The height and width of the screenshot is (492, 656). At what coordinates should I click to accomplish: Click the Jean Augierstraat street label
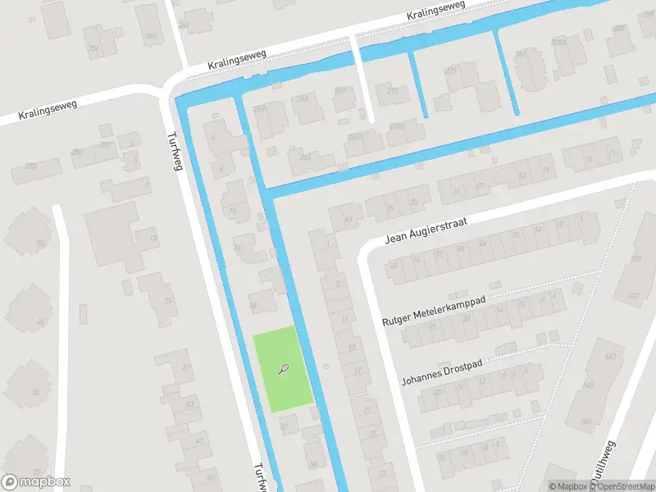(x=426, y=231)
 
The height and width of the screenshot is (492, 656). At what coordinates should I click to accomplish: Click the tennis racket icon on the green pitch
(x=284, y=369)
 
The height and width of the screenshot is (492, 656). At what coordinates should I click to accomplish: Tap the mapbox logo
(x=36, y=482)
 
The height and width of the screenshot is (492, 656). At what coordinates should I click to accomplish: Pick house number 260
(x=150, y=35)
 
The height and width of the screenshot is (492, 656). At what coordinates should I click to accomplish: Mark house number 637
(x=632, y=296)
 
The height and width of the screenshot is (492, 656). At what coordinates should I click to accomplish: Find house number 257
(x=105, y=144)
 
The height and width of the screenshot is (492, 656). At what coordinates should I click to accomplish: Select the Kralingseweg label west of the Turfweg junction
(x=39, y=112)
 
